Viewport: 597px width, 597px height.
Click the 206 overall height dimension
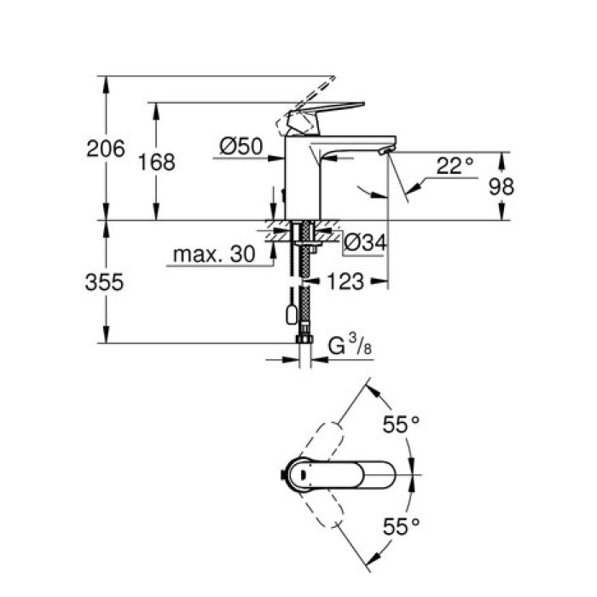coord(106,148)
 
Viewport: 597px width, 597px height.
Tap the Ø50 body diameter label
coord(240,148)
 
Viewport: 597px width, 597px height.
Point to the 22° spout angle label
coord(455,165)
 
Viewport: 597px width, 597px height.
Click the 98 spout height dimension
coord(500,186)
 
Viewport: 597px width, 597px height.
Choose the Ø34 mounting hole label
coord(365,244)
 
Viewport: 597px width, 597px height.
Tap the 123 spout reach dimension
coord(346,281)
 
